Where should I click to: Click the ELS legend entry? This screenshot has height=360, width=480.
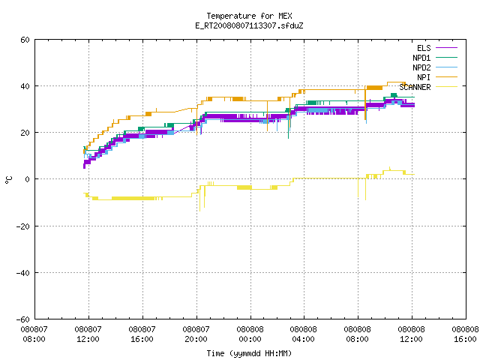click(424, 48)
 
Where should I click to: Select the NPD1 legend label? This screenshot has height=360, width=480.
click(421, 58)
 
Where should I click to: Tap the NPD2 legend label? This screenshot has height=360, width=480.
click(421, 67)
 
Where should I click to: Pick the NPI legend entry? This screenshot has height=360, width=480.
click(424, 77)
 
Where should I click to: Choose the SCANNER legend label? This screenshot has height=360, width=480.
click(415, 87)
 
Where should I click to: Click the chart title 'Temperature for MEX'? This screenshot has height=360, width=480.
click(249, 16)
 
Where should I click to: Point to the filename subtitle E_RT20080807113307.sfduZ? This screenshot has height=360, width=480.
click(249, 25)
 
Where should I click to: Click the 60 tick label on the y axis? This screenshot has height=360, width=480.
click(25, 40)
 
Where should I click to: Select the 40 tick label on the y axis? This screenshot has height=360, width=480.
click(25, 86)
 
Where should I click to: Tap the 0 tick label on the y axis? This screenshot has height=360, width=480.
click(28, 179)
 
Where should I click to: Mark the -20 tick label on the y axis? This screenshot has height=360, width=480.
click(23, 226)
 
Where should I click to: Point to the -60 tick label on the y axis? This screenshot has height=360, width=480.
click(23, 319)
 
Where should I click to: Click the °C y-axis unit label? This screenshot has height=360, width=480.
click(8, 180)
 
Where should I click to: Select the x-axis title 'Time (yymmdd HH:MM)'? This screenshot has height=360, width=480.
click(249, 353)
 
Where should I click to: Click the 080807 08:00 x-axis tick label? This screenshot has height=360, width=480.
click(34, 334)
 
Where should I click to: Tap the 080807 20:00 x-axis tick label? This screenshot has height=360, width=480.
click(196, 334)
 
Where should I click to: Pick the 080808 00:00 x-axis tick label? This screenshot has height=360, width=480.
click(250, 334)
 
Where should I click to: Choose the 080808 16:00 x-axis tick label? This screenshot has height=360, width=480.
click(465, 334)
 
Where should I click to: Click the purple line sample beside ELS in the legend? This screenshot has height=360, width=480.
click(446, 48)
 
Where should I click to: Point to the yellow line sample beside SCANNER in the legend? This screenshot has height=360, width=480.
click(446, 87)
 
